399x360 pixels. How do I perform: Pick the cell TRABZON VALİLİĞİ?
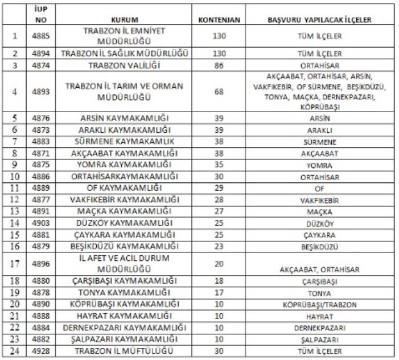126,66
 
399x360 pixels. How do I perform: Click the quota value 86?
219,66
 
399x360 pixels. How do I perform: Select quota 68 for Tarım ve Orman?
219,91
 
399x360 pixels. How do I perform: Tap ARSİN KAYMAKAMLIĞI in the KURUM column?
126,119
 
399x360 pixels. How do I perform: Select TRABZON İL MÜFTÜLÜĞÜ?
126,350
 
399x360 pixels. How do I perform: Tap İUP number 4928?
38,350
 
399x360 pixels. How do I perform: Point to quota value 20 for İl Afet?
219,264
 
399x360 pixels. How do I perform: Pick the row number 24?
17,350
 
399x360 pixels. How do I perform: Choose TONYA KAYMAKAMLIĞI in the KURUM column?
126,293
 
